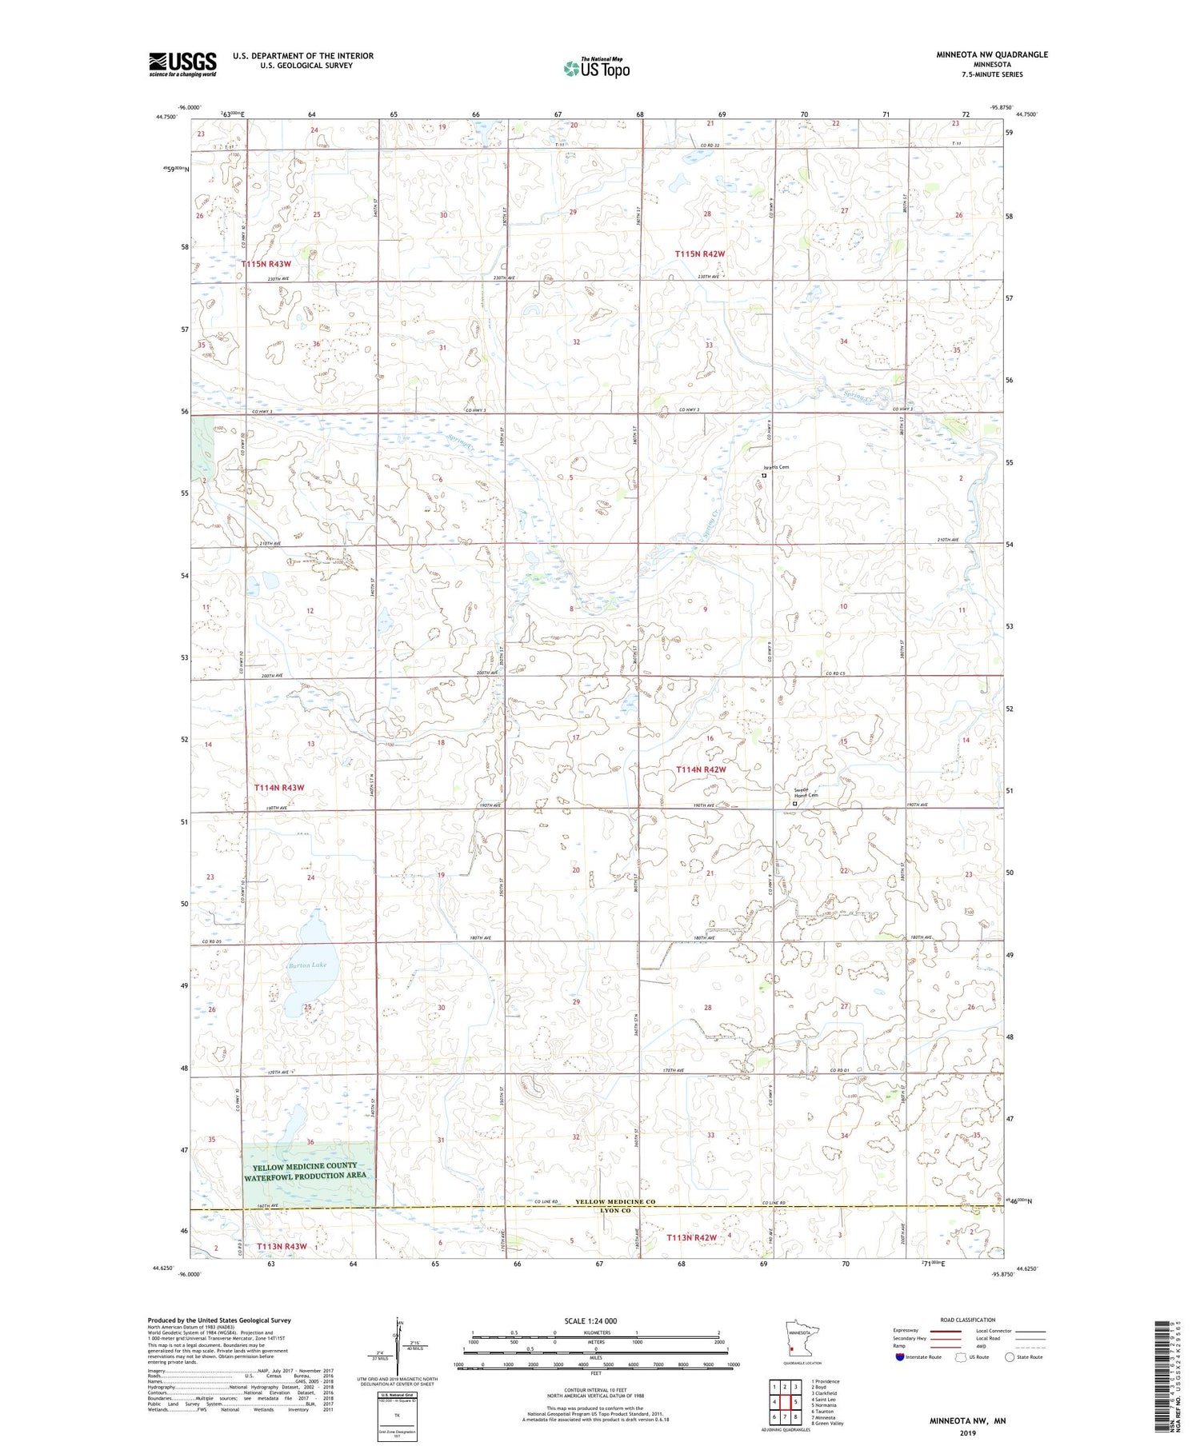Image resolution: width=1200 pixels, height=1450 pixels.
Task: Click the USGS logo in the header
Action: coord(182,63)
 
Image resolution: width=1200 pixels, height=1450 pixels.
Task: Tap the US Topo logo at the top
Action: coord(597,68)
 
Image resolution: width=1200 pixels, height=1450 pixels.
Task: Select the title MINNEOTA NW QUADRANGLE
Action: coord(992,54)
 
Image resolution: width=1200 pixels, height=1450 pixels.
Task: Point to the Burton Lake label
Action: coord(308,965)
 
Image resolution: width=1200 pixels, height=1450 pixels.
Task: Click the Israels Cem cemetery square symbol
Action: coord(764,476)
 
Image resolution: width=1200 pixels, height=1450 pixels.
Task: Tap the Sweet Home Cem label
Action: coord(806,793)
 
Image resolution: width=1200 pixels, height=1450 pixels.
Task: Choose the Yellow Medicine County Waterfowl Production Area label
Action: coord(306,1170)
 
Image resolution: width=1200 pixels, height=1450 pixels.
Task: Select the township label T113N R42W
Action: coord(692,1238)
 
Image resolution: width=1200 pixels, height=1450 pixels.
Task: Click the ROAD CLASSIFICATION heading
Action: coord(968,1320)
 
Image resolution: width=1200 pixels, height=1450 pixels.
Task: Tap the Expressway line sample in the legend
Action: coord(945,1331)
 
